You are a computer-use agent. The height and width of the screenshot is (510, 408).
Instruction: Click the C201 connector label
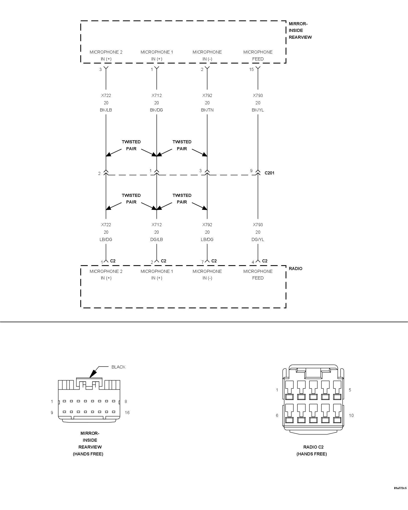pyautogui.click(x=269, y=173)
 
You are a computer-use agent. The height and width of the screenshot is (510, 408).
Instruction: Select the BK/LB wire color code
pyautogui.click(x=106, y=110)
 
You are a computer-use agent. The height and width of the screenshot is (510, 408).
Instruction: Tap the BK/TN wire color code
pyautogui.click(x=207, y=110)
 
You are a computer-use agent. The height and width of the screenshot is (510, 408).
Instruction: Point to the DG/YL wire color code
pyautogui.click(x=258, y=239)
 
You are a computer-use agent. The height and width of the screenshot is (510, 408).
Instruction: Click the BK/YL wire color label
pyautogui.click(x=258, y=110)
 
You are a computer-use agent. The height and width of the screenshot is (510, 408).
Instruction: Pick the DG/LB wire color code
pyautogui.click(x=157, y=239)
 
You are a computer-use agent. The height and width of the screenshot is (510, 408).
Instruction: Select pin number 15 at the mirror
pyautogui.click(x=251, y=69)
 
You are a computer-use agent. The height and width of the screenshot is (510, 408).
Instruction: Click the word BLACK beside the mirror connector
pyautogui.click(x=118, y=367)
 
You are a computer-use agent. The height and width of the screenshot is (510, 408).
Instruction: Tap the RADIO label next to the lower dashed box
pyautogui.click(x=296, y=269)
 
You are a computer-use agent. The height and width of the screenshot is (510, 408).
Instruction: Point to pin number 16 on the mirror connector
pyautogui.click(x=127, y=413)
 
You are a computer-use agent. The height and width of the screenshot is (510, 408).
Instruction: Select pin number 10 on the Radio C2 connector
pyautogui.click(x=351, y=415)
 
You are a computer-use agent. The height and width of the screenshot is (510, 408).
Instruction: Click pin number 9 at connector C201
pyautogui.click(x=251, y=171)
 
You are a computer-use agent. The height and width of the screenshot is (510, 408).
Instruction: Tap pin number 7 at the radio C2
pyautogui.click(x=202, y=262)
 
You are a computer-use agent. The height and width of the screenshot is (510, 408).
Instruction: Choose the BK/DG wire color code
pyautogui.click(x=157, y=110)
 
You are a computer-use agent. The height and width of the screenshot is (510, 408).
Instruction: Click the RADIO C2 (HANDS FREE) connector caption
pyautogui.click(x=312, y=450)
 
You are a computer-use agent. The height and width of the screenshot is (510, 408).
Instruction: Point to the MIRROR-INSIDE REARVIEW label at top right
pyautogui.click(x=300, y=30)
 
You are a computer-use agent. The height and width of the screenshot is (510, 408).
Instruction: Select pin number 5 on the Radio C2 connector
pyautogui.click(x=350, y=390)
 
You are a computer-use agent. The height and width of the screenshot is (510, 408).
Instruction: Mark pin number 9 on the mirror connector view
pyautogui.click(x=52, y=413)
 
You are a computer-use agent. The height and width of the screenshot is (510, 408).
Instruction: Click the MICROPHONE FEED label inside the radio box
pyautogui.click(x=258, y=275)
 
